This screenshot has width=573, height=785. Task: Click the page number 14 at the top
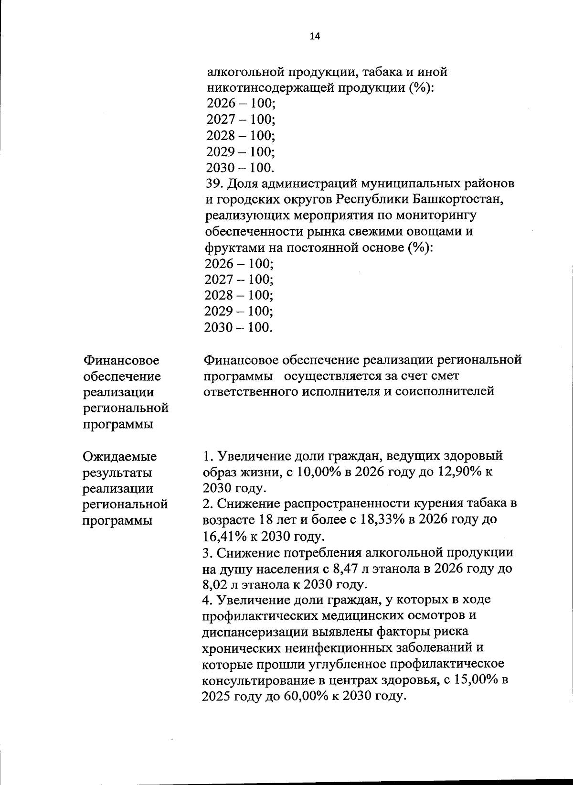pos(315,36)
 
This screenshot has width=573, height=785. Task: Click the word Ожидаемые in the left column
pos(119,456)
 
